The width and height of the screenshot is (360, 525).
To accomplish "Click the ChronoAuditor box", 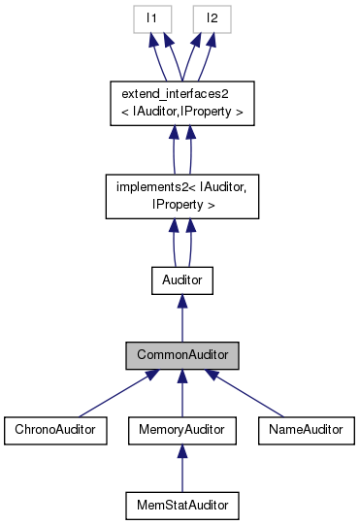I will click(x=54, y=428).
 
